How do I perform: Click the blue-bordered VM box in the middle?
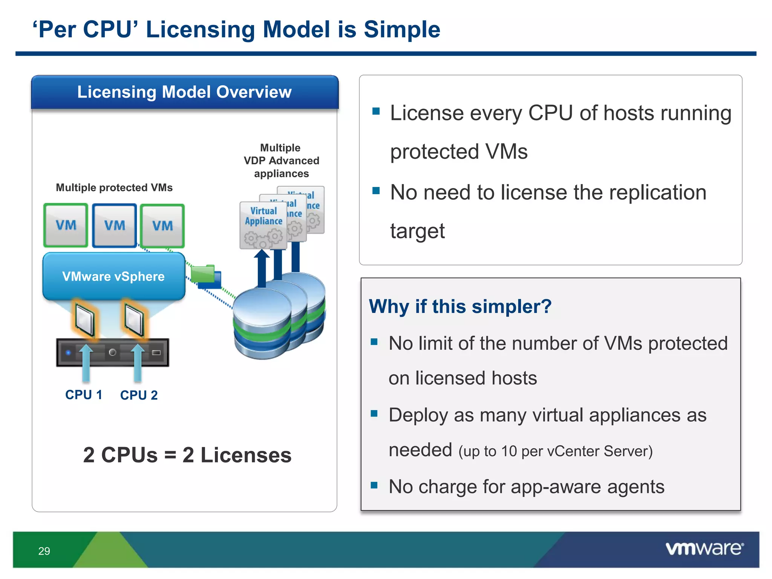click(x=115, y=225)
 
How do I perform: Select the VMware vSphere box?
click(x=113, y=276)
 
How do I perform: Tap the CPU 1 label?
click(x=84, y=395)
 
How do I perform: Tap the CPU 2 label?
click(x=139, y=395)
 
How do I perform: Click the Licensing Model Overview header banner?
click(x=185, y=92)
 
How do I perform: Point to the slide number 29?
click(x=44, y=551)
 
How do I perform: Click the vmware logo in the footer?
click(x=704, y=548)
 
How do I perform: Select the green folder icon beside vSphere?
click(x=204, y=274)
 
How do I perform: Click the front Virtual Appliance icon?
click(x=263, y=225)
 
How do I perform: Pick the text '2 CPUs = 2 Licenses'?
click(x=187, y=455)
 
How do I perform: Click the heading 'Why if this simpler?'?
click(x=460, y=306)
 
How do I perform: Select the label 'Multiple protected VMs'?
click(x=114, y=187)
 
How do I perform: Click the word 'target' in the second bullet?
click(x=417, y=231)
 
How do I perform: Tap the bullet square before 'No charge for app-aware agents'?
click(x=374, y=485)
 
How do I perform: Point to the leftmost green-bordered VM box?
click(x=66, y=225)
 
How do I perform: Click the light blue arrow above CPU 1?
click(x=86, y=362)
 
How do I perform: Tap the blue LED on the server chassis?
click(x=68, y=352)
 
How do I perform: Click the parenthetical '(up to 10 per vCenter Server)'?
click(x=555, y=451)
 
